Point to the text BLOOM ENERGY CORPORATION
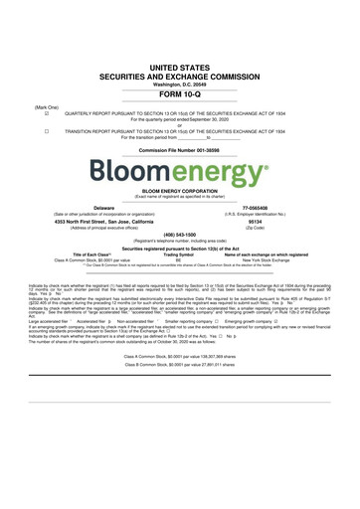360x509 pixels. [x=179, y=193]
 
